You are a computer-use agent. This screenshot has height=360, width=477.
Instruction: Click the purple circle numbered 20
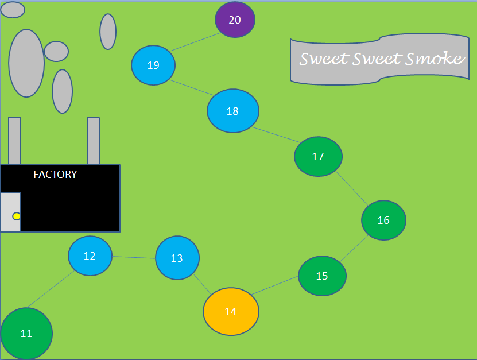pyautogui.click(x=235, y=20)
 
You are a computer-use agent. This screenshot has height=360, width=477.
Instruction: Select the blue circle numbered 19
pyautogui.click(x=153, y=65)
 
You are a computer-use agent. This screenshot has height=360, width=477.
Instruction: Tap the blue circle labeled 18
pyautogui.click(x=232, y=111)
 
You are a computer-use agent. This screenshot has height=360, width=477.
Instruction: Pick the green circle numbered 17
pyautogui.click(x=318, y=156)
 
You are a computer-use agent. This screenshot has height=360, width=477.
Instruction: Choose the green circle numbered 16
pyautogui.click(x=383, y=220)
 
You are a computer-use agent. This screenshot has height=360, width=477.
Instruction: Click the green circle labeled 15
pyautogui.click(x=322, y=276)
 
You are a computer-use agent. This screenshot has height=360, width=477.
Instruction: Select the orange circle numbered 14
pyautogui.click(x=231, y=311)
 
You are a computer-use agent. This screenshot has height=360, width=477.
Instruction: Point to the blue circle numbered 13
pyautogui.click(x=177, y=258)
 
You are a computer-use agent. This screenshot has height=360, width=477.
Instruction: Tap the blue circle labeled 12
pyautogui.click(x=90, y=256)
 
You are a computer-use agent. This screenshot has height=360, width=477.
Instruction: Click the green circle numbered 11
pyautogui.click(x=26, y=333)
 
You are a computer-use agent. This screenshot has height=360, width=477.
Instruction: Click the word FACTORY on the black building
pyautogui.click(x=55, y=175)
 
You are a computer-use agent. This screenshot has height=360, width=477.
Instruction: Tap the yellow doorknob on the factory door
pyautogui.click(x=17, y=216)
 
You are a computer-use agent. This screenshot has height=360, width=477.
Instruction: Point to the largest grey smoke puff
pyautogui.click(x=26, y=63)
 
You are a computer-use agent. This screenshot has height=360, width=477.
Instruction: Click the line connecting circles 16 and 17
pyautogui.click(x=352, y=189)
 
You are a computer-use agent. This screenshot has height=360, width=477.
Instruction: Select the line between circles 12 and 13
pyautogui.click(x=134, y=257)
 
